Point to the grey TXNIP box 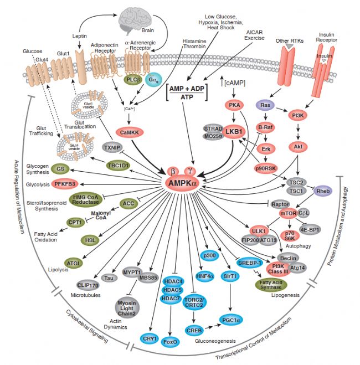pos(112,148)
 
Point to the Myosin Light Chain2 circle pos(128,307)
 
